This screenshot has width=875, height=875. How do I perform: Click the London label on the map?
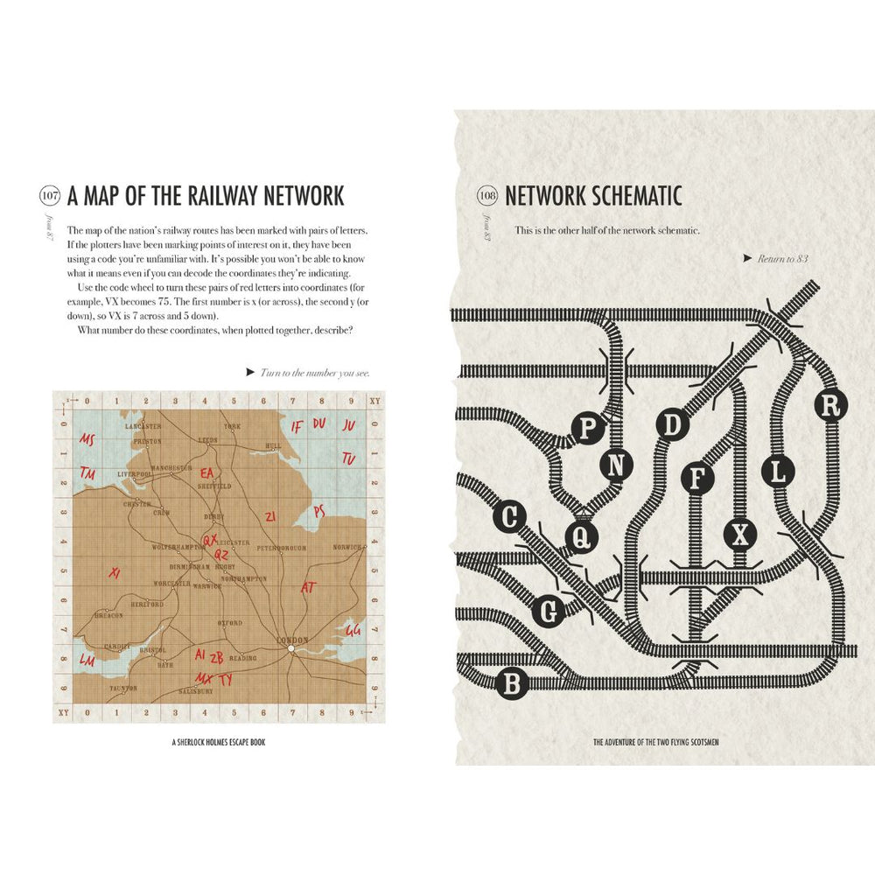(292, 640)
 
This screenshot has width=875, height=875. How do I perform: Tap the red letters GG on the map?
(353, 630)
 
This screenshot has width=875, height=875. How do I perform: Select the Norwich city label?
(346, 547)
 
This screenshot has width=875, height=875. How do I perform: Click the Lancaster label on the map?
(143, 425)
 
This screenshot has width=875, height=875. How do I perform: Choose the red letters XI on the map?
(113, 572)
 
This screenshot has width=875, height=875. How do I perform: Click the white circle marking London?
(291, 648)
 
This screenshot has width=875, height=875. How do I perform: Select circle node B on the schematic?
(511, 683)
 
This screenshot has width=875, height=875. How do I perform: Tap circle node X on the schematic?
(741, 534)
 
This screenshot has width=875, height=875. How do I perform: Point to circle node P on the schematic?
(588, 428)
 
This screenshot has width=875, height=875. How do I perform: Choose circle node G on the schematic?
(549, 612)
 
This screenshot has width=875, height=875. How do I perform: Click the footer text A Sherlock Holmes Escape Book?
(219, 743)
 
